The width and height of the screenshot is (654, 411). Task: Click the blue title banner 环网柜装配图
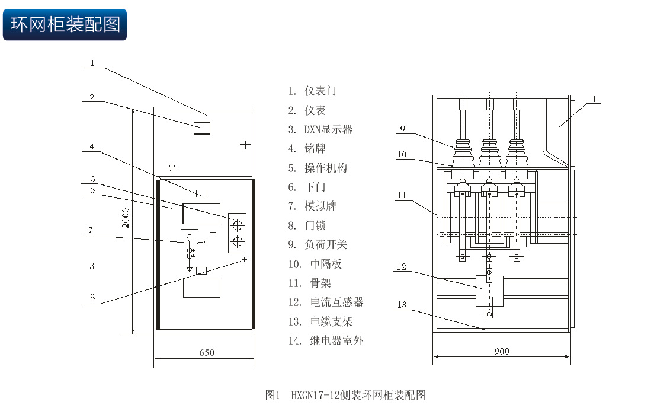point(65,24)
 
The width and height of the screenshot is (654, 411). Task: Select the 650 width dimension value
point(206,352)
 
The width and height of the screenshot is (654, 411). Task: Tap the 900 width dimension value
point(502,351)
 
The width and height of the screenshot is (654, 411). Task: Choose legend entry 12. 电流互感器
point(326,302)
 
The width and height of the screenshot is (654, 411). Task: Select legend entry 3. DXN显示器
point(320,129)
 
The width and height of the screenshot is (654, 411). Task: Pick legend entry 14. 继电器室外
point(326,340)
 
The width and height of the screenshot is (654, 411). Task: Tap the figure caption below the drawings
point(345,395)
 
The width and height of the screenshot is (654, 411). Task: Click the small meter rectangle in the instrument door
point(202,126)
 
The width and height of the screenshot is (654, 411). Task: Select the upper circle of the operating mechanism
point(238,225)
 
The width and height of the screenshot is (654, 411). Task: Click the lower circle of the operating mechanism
point(238,241)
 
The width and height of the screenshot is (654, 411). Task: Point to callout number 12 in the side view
point(402,267)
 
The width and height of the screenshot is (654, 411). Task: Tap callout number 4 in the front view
point(92,146)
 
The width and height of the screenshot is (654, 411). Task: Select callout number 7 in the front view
point(90,230)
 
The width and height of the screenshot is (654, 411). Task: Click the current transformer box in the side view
point(489,291)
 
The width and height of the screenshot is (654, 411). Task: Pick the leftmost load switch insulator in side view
point(461,154)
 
